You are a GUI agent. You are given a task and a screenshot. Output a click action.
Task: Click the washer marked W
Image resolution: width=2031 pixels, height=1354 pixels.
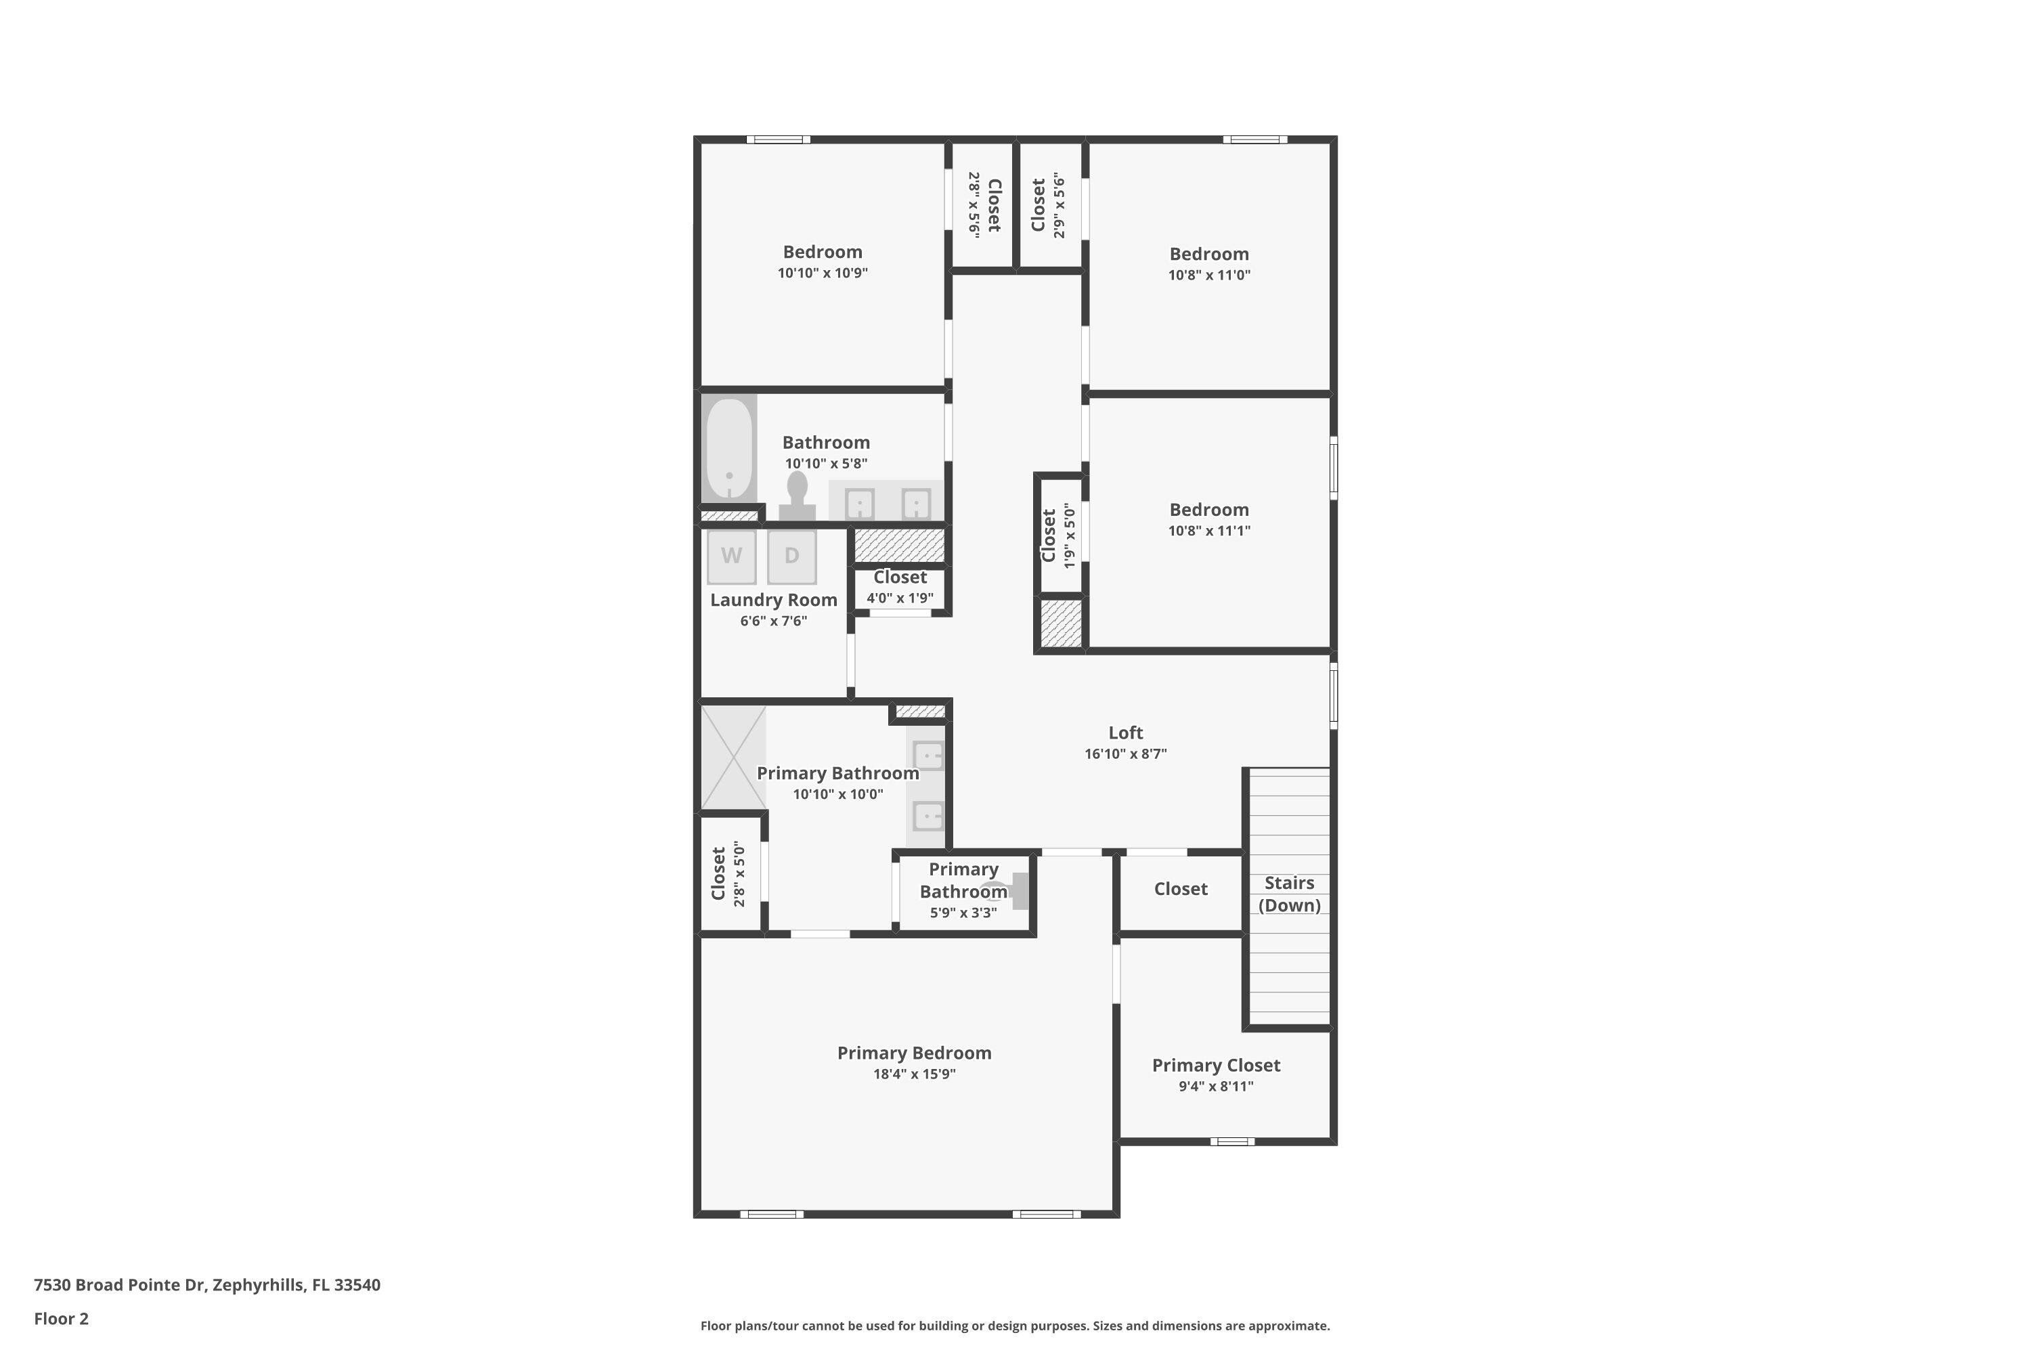click(731, 556)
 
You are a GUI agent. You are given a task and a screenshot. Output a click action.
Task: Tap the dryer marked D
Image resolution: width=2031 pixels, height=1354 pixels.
click(792, 556)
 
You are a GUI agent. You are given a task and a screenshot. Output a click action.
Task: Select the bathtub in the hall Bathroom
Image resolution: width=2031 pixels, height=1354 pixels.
click(730, 447)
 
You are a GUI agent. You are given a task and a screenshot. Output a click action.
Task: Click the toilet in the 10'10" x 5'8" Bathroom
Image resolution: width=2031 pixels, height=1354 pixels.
click(797, 496)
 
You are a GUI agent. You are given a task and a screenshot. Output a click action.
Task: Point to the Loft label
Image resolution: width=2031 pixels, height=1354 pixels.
click(1125, 733)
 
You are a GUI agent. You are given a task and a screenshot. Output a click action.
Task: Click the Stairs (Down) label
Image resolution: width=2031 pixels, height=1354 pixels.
click(1289, 894)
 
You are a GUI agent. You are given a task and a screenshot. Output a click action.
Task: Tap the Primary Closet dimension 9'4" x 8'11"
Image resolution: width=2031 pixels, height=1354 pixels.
click(1216, 1087)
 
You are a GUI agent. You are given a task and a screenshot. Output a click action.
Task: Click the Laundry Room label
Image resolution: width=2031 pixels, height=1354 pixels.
click(774, 600)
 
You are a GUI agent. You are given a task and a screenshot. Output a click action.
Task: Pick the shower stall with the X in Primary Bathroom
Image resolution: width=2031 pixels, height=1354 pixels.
click(733, 758)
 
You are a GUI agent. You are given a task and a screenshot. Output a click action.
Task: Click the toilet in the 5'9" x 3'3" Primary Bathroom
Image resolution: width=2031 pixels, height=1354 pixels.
click(1009, 891)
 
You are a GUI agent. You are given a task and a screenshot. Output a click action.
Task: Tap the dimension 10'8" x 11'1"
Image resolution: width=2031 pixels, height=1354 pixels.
click(1209, 531)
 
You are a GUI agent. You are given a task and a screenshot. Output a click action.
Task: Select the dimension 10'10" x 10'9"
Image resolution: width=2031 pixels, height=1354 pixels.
click(822, 273)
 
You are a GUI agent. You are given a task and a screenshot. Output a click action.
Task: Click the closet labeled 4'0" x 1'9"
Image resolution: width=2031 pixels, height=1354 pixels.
click(900, 587)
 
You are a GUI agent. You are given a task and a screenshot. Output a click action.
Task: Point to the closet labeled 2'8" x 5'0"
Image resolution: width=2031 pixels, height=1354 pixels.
click(730, 874)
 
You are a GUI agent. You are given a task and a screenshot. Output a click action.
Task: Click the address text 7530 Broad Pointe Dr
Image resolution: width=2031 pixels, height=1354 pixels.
click(119, 1285)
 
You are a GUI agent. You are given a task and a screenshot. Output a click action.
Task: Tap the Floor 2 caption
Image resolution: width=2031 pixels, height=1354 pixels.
click(62, 1319)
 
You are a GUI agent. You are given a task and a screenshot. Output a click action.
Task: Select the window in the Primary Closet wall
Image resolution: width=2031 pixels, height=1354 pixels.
click(1231, 1141)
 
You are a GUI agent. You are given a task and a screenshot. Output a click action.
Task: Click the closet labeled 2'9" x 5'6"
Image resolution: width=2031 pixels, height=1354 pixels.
click(1050, 206)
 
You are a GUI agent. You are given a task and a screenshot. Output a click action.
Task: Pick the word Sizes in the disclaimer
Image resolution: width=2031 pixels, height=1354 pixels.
click(1110, 1326)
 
